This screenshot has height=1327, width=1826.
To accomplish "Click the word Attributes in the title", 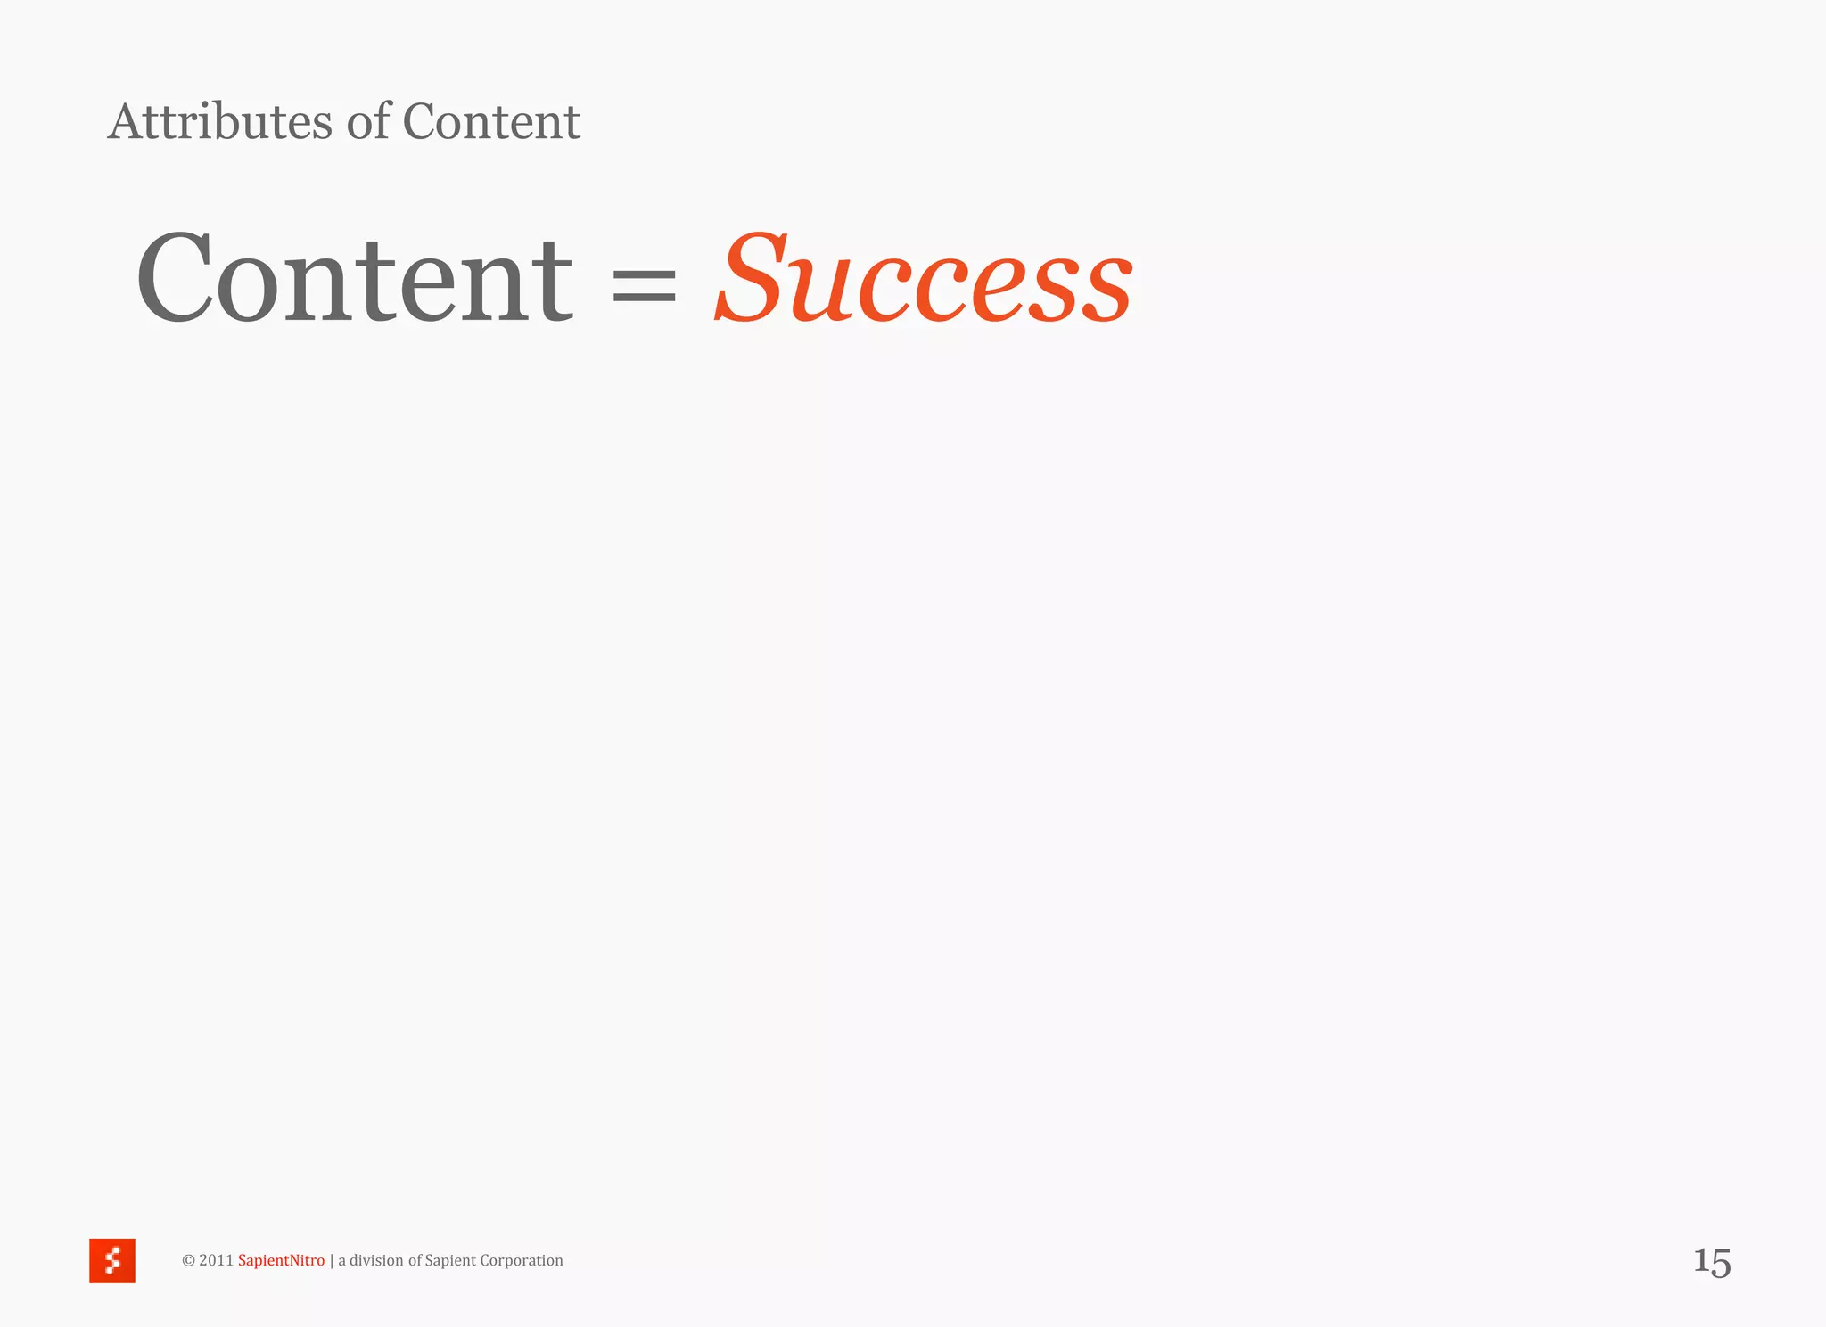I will (x=220, y=122).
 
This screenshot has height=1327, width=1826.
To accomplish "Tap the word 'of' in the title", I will (x=368, y=122).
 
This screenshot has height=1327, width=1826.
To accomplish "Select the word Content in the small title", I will (x=491, y=122).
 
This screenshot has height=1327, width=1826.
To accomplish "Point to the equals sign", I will (x=644, y=285).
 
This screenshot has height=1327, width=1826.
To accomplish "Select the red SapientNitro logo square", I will (x=112, y=1260).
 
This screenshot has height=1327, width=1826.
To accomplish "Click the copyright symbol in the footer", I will (x=188, y=1260).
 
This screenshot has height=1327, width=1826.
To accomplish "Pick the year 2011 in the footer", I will (x=216, y=1260).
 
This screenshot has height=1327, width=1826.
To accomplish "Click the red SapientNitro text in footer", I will (x=281, y=1260).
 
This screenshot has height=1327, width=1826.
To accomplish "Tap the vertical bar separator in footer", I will (x=332, y=1260).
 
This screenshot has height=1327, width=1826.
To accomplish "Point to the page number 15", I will (x=1712, y=1262).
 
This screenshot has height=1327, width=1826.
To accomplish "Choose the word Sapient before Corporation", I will (x=450, y=1260).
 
